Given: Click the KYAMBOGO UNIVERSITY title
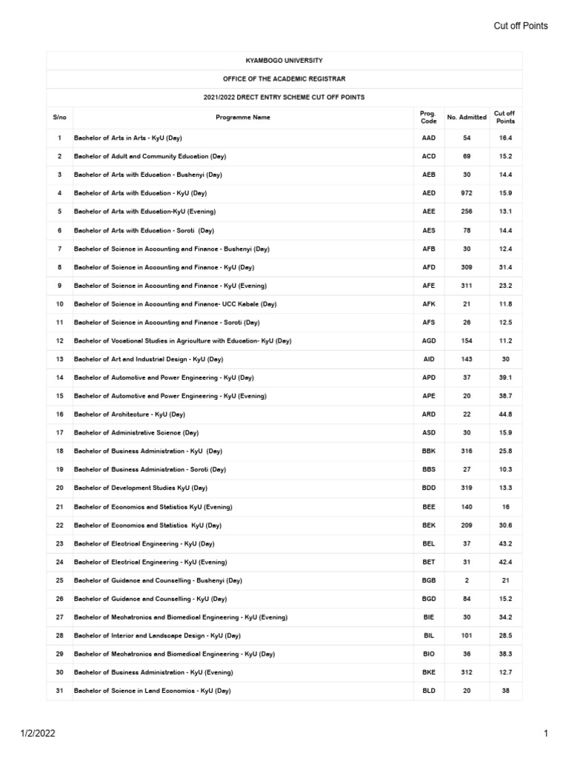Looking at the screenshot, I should click(284, 60).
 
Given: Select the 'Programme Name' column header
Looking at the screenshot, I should click(243, 117).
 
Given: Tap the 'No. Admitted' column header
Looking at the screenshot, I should click(467, 117).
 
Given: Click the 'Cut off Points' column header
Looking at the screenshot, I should click(505, 117).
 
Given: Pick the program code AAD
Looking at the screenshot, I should click(428, 138).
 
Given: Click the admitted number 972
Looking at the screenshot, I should click(467, 193).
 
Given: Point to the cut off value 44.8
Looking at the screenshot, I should click(505, 414).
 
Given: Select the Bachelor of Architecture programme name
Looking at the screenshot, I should click(129, 414).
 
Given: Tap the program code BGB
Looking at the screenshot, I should click(428, 580).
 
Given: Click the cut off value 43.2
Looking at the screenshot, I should click(505, 543).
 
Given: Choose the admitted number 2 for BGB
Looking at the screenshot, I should click(467, 580).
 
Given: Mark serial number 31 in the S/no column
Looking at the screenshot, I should click(59, 691).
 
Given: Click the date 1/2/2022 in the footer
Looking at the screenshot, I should click(37, 734).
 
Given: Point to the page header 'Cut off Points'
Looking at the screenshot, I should click(521, 26).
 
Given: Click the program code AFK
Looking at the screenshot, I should click(428, 303).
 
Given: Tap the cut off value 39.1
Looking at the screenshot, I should click(505, 378).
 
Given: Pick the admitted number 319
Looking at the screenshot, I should click(467, 488).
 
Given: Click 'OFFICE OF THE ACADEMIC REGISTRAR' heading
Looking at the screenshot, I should click(284, 78).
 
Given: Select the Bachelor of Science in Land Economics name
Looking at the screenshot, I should click(152, 691).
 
